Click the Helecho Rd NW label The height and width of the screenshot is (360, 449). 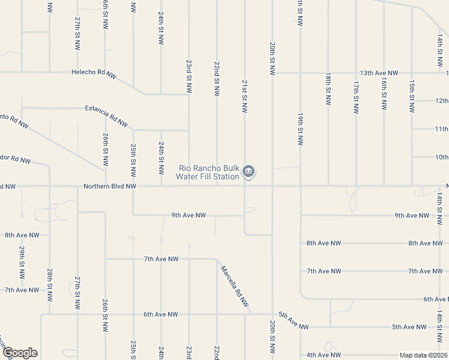pos(94,73)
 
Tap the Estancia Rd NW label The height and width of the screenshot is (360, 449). pos(106,115)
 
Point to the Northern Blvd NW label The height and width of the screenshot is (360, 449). pos(109,187)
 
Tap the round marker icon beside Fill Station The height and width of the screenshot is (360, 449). pos(249,173)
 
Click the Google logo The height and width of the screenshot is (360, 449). pos(19,353)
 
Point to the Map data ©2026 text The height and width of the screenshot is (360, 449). pos(423,355)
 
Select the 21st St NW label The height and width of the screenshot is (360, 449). pos(245,95)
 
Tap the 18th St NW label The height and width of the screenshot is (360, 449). pos(328,90)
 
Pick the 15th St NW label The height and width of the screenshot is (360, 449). pos(411,96)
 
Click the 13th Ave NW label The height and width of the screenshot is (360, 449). pos(379,73)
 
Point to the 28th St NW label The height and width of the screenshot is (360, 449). pos(50,281)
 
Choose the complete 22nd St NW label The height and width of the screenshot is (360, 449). pos(217,78)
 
